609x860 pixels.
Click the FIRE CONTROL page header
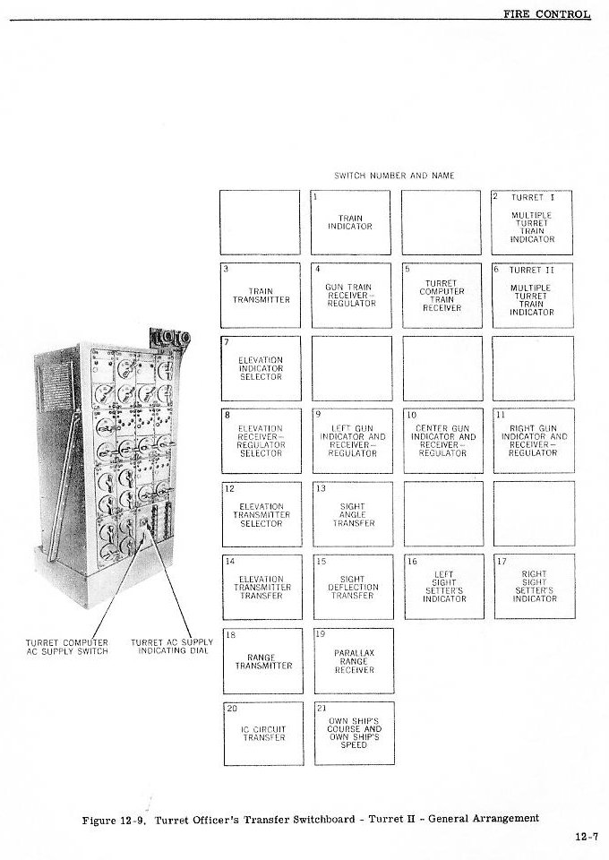coord(546,13)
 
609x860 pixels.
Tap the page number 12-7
coord(587,837)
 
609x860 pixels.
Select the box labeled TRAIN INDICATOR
coord(350,222)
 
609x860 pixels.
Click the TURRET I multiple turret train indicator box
coord(532,222)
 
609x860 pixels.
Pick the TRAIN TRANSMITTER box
coord(261,295)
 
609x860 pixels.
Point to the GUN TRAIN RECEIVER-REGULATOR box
coord(351,295)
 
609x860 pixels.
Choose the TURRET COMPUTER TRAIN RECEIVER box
coord(442,295)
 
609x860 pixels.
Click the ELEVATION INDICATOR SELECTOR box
coord(261,368)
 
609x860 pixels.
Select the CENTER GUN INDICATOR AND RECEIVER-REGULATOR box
coord(442,441)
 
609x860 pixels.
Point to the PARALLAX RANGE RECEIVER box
coord(353,661)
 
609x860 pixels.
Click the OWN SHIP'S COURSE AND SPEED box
coord(354,733)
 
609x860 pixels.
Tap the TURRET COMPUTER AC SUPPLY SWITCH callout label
coord(67,647)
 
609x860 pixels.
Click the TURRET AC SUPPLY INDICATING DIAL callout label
coord(172,647)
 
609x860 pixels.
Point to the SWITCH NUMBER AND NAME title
coord(394,176)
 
